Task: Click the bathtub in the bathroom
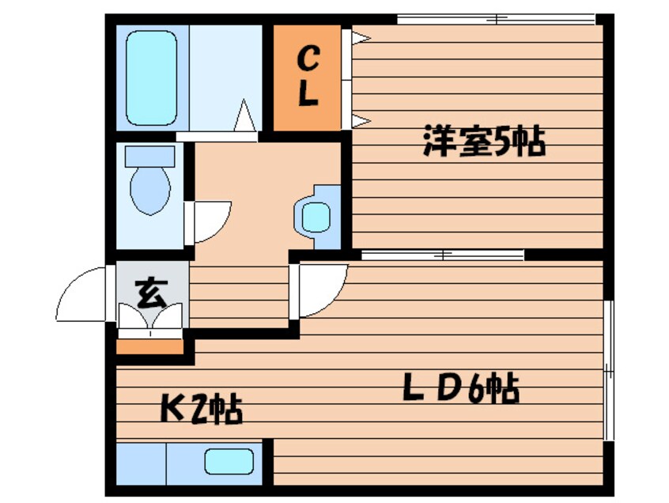(152, 78)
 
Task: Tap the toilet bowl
(150, 191)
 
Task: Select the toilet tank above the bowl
(149, 156)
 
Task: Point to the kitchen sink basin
(229, 461)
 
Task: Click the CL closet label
(308, 77)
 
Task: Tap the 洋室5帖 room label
(484, 140)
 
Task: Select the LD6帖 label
(461, 388)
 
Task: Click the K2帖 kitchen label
(201, 409)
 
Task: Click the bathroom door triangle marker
(245, 115)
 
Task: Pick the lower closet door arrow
(361, 121)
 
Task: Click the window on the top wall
(496, 19)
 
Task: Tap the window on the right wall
(609, 370)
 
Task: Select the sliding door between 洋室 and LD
(443, 255)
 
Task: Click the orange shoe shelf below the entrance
(149, 346)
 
